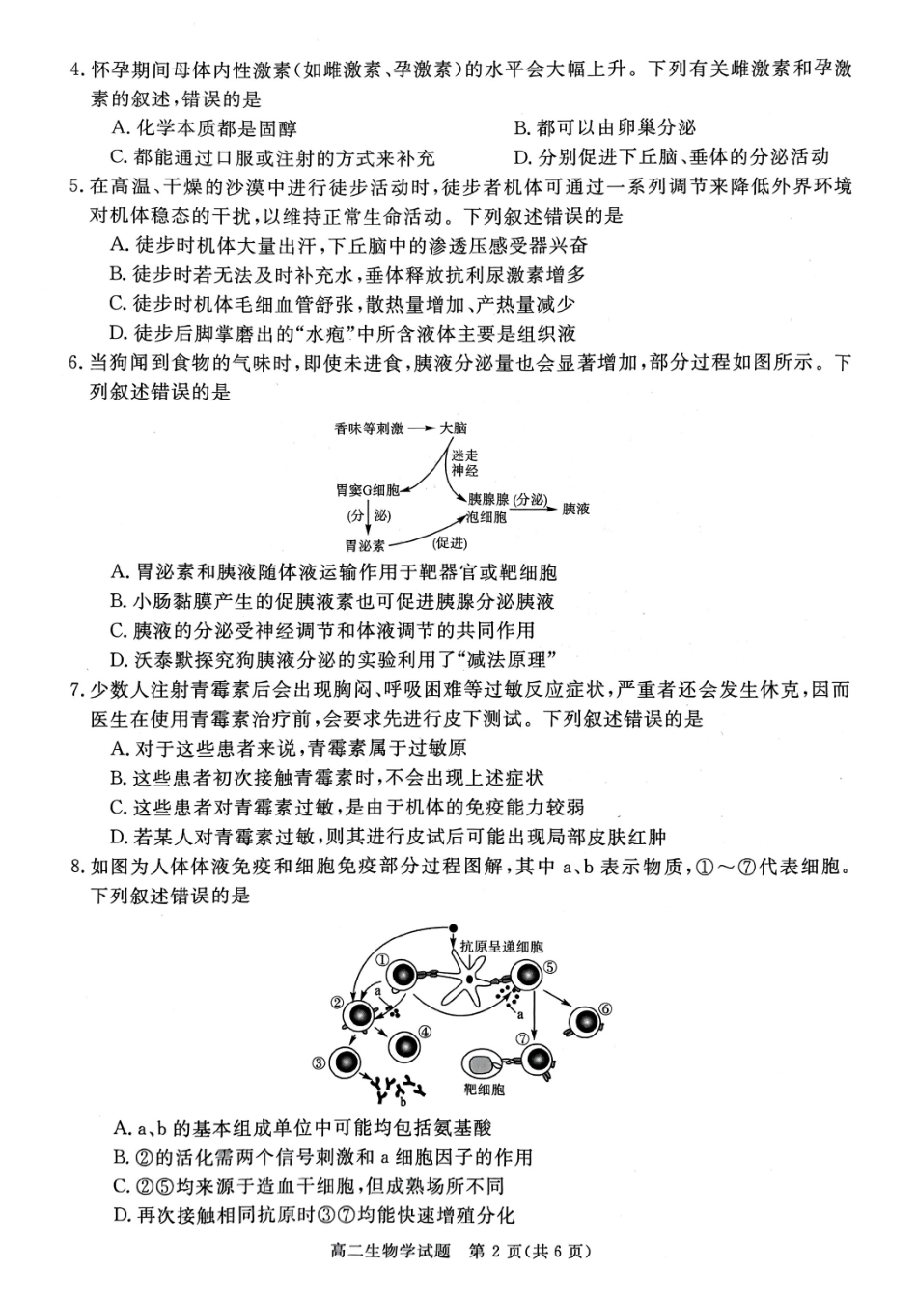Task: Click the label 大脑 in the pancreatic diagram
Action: coord(453,428)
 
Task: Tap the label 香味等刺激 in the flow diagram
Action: coord(370,428)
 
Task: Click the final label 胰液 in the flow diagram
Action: coord(575,509)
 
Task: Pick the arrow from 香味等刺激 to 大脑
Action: coord(421,428)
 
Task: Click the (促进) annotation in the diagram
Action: coord(450,542)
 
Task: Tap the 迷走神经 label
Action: coord(464,463)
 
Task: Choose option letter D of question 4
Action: coord(521,157)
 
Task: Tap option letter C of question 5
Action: coord(119,304)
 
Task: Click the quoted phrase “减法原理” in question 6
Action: coord(507,660)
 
